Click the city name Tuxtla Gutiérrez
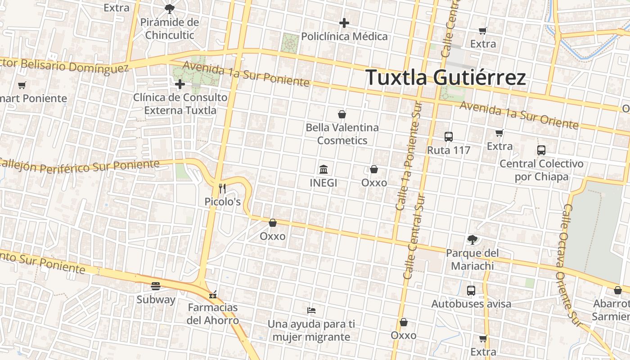tap(445, 77)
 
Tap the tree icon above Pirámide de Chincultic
tap(169, 8)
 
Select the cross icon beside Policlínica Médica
tap(344, 23)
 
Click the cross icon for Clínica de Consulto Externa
tap(180, 84)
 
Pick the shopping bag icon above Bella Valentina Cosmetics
tap(342, 114)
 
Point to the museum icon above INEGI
tap(323, 170)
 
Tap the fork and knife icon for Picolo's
tap(222, 189)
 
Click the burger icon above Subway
tap(156, 286)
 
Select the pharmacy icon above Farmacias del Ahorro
tap(213, 295)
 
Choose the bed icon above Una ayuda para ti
tap(311, 310)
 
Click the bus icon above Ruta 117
tap(448, 137)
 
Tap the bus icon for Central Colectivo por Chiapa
tap(541, 150)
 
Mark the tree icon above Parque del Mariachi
tap(472, 239)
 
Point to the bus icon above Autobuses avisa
tap(471, 291)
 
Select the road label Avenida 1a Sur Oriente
tap(518, 114)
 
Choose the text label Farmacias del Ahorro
tap(213, 314)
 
